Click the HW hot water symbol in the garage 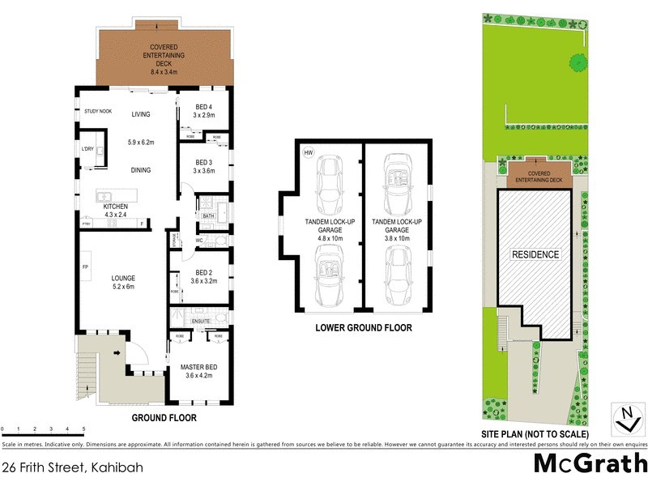[x=308, y=151]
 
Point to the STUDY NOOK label [x=95, y=112]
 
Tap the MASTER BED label [x=198, y=370]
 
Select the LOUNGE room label [x=123, y=279]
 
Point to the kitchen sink [x=104, y=195]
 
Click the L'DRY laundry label [x=87, y=150]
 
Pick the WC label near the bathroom [x=199, y=241]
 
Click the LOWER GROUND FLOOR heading [x=364, y=328]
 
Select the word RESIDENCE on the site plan [x=535, y=254]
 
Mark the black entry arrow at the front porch [x=118, y=353]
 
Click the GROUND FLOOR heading [x=164, y=418]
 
